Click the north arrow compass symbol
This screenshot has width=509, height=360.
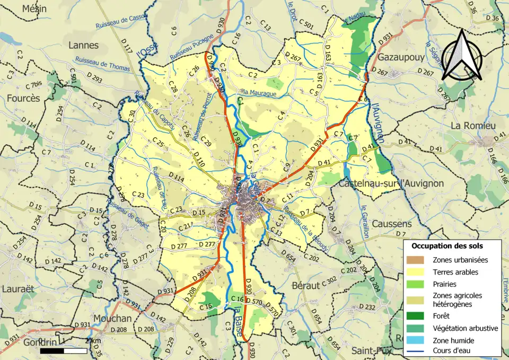pos(462,56)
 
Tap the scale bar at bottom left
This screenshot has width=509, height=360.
pos(64,350)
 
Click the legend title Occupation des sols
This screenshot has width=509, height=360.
pos(447,246)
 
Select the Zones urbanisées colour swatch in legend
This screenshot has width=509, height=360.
pos(416,260)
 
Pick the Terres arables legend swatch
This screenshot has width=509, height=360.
pos(416,272)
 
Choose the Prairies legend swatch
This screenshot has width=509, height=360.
pos(416,284)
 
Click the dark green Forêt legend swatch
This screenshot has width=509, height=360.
pos(416,316)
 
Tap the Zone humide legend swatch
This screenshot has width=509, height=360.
pos(416,340)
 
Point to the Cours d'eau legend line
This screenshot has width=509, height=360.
pos(416,350)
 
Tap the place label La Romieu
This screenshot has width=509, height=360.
pos(471,126)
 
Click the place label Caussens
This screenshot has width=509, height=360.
pos(391,224)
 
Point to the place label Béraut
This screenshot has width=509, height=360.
pos(306,285)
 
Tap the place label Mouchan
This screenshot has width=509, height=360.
pos(112,318)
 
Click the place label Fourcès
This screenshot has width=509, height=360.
pos(23,98)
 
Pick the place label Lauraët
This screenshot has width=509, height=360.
pos(18,289)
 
